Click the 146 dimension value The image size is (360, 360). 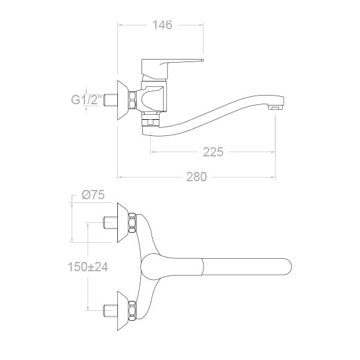(162, 25)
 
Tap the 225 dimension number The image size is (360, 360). (213, 152)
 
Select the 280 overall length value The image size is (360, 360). (197, 177)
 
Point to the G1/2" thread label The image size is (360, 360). (86, 100)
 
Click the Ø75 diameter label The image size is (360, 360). (93, 195)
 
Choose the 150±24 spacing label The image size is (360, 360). (88, 267)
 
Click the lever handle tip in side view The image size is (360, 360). (202, 60)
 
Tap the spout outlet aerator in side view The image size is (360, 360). (276, 107)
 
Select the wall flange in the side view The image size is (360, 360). (123, 100)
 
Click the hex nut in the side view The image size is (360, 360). (132, 100)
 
